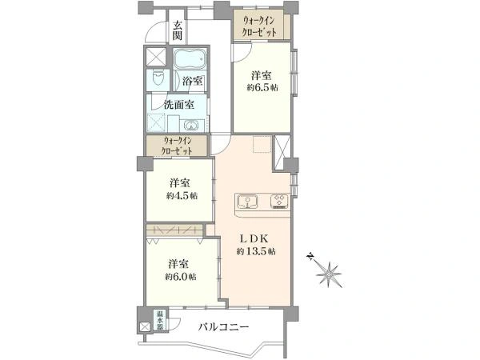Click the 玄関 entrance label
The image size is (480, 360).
coord(178,30)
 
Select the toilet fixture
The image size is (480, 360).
coord(158,79)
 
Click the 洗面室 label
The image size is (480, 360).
coord(179,105)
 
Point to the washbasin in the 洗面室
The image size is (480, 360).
coord(192,126)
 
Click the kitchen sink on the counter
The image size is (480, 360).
coord(246,201)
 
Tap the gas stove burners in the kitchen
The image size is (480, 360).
coord(279,202)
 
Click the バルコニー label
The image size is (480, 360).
coord(223,327)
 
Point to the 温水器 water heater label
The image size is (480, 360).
coord(160,320)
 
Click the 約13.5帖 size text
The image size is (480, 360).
coord(256,252)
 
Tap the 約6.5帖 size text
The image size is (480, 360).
coord(262,87)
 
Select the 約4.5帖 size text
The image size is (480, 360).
coord(182,196)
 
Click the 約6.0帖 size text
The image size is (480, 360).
coord(181,277)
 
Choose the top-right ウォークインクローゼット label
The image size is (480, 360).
coord(260,26)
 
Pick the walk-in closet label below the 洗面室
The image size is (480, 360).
coord(178,146)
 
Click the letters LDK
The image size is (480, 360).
coord(254,238)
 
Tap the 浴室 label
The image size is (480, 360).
coord(192,81)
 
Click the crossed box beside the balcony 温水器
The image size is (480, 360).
coord(144,327)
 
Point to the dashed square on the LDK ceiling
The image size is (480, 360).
coord(262,144)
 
